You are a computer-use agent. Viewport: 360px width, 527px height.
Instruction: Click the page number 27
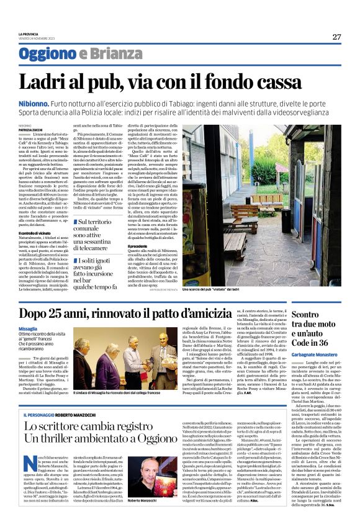coord(336,37)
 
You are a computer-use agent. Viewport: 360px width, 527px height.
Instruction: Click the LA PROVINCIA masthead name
coord(29,34)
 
